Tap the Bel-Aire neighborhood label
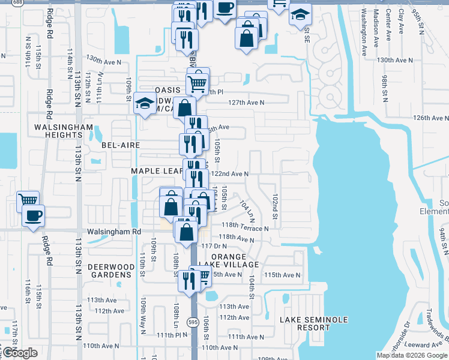[x=121, y=145]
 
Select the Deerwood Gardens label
[x=110, y=271]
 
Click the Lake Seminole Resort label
[x=313, y=324]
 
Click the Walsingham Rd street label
[x=113, y=231]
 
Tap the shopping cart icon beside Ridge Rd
[x=28, y=200]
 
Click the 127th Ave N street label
[x=246, y=103]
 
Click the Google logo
[x=19, y=353]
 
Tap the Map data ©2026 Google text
[x=411, y=355]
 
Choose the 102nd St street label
[x=274, y=206]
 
